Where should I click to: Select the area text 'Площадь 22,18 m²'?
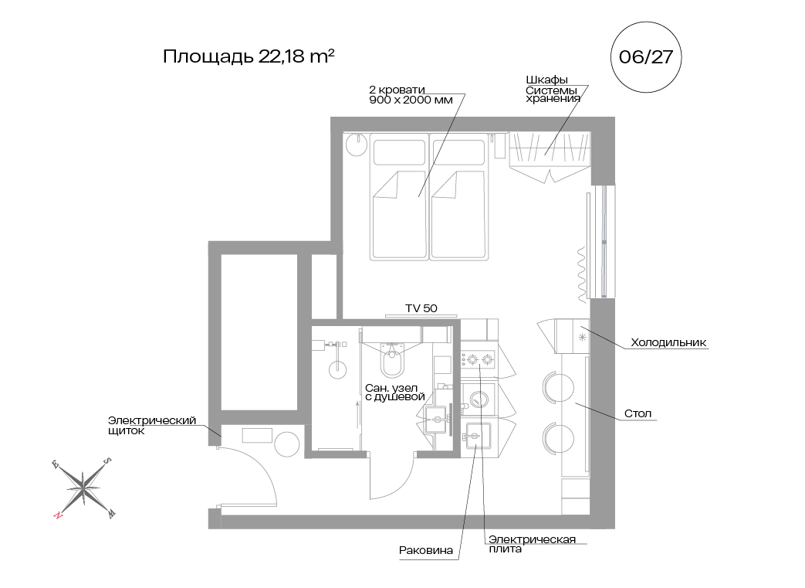[249, 57]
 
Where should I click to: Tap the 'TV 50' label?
[421, 308]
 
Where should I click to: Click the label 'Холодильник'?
[668, 342]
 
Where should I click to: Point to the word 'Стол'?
[638, 413]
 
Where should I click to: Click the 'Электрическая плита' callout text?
[532, 544]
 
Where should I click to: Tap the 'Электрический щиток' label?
[152, 425]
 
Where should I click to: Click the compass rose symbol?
[82, 488]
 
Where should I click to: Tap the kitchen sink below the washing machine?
[476, 437]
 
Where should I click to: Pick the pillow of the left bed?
[399, 151]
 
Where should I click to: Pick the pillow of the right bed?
[458, 151]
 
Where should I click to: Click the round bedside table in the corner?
[356, 144]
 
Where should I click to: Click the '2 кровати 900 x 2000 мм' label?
[400, 94]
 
